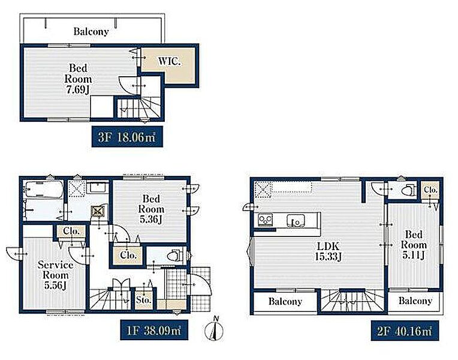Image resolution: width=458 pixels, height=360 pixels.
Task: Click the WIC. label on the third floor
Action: click(170, 61)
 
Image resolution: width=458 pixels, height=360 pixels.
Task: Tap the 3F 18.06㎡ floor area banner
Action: click(127, 137)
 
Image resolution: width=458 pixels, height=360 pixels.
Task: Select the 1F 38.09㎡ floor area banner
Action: click(154, 330)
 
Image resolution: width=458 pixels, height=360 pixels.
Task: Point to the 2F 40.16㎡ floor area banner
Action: click(405, 331)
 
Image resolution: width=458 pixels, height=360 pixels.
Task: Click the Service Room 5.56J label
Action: click(56, 275)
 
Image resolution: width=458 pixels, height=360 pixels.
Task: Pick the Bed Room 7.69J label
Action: click(78, 79)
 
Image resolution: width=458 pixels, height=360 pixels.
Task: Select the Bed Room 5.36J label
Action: click(151, 209)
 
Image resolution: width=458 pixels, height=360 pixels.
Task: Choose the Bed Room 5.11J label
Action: click(414, 244)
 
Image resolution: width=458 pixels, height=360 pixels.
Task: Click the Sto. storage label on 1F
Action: click(144, 300)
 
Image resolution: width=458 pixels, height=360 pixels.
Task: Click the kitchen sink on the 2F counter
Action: click(296, 220)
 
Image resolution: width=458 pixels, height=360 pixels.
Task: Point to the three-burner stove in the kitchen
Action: click(265, 220)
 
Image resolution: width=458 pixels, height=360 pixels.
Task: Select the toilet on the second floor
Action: click(408, 190)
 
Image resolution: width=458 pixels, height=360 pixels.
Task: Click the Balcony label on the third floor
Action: click(91, 31)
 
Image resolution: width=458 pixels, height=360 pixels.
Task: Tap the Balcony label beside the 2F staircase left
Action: click(285, 302)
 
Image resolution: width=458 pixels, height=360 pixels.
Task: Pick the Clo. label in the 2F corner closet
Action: click(430, 190)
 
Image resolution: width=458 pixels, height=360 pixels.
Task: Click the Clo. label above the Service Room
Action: click(71, 232)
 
